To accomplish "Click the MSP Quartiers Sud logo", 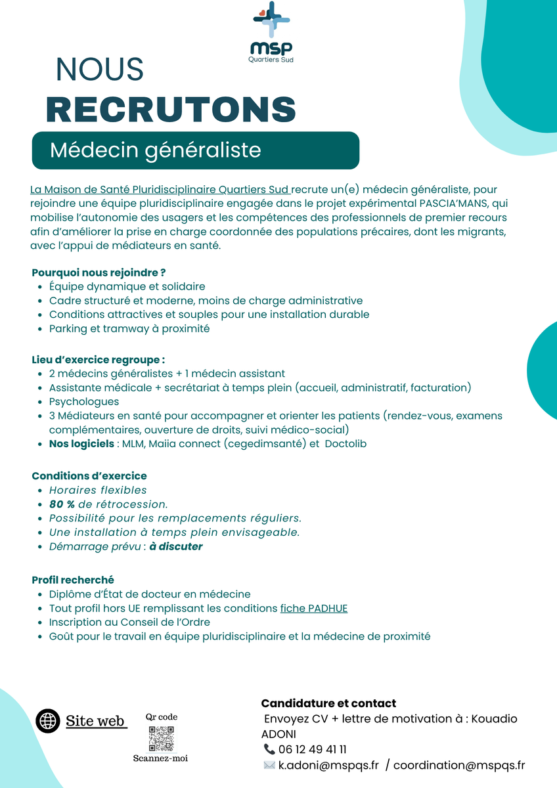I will [272, 33].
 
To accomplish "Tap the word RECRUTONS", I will [171, 109].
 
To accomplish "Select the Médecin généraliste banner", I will [195, 150].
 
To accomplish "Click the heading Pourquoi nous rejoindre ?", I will [99, 272].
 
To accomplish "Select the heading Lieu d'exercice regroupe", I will [98, 359].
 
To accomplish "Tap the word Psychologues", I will [84, 401].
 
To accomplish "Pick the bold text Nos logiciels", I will [82, 444].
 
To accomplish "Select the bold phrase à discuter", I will [175, 546].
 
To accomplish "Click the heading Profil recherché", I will [73, 580].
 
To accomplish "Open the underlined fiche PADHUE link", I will [314, 608].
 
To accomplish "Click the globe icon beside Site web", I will [48, 720].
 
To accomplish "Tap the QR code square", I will [161, 738].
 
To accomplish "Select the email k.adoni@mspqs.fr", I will [328, 765].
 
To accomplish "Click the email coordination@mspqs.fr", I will [459, 765].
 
